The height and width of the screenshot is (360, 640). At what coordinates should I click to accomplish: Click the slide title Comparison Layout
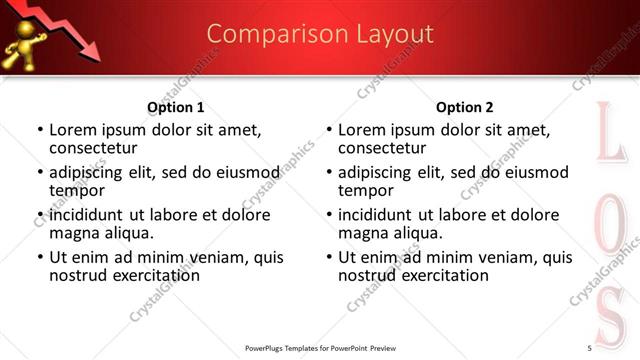[320, 34]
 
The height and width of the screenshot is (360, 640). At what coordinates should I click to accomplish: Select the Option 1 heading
[175, 107]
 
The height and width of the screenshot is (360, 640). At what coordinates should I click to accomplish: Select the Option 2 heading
[464, 107]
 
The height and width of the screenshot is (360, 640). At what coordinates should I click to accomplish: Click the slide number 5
[589, 347]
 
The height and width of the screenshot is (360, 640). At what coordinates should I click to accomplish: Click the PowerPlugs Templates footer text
[320, 348]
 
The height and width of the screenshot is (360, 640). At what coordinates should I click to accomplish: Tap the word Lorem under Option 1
[74, 129]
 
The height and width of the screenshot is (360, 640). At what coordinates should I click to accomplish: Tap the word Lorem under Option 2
[362, 129]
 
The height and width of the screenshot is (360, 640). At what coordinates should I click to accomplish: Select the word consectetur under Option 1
[100, 148]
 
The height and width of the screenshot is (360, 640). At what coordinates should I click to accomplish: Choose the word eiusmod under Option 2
[540, 172]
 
